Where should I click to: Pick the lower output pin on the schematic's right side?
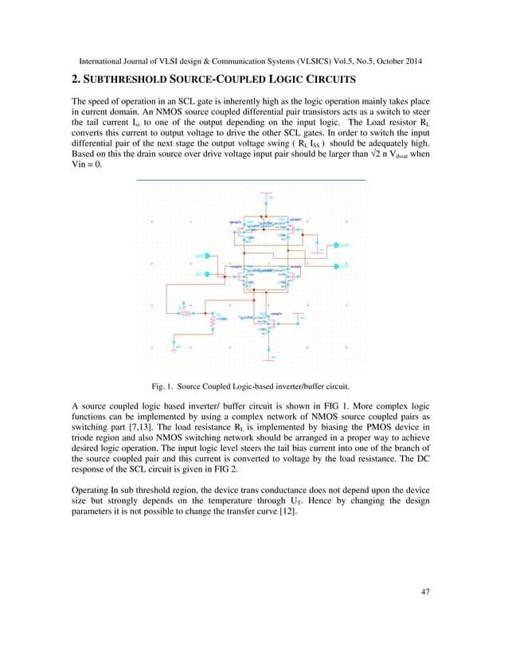pyautogui.click(x=341, y=267)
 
